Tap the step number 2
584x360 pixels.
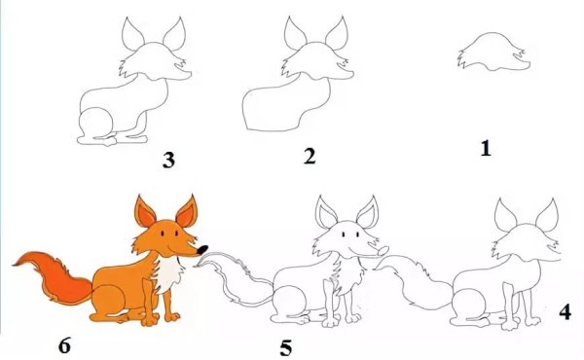tap(310, 156)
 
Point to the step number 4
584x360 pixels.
tap(566, 312)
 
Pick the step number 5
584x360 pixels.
tap(285, 345)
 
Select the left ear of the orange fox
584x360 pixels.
tap(145, 212)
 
